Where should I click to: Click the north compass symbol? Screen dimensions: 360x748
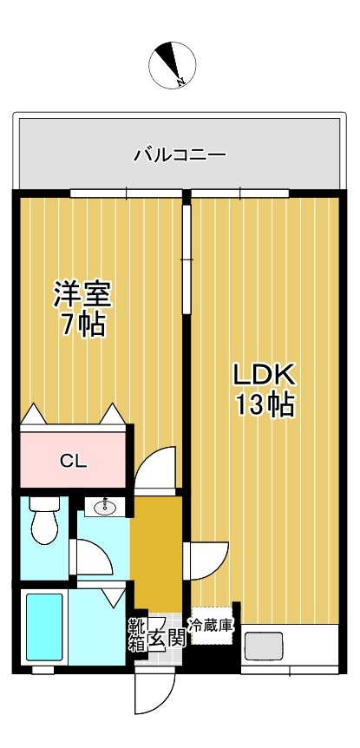(172, 65)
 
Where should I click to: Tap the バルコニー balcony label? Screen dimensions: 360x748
(180, 154)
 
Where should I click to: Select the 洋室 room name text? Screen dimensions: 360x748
(82, 295)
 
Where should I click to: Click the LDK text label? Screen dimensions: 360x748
(265, 376)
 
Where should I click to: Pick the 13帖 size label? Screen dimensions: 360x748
(265, 405)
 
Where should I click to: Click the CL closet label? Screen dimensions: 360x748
(74, 462)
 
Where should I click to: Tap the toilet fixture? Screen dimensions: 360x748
(45, 520)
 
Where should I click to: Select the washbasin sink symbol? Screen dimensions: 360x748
(105, 507)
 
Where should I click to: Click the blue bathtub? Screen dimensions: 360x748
(44, 627)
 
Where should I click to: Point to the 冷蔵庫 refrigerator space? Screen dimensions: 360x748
(212, 626)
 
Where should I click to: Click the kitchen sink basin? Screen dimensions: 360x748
(265, 646)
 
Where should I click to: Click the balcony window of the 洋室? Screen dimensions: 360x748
(127, 194)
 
